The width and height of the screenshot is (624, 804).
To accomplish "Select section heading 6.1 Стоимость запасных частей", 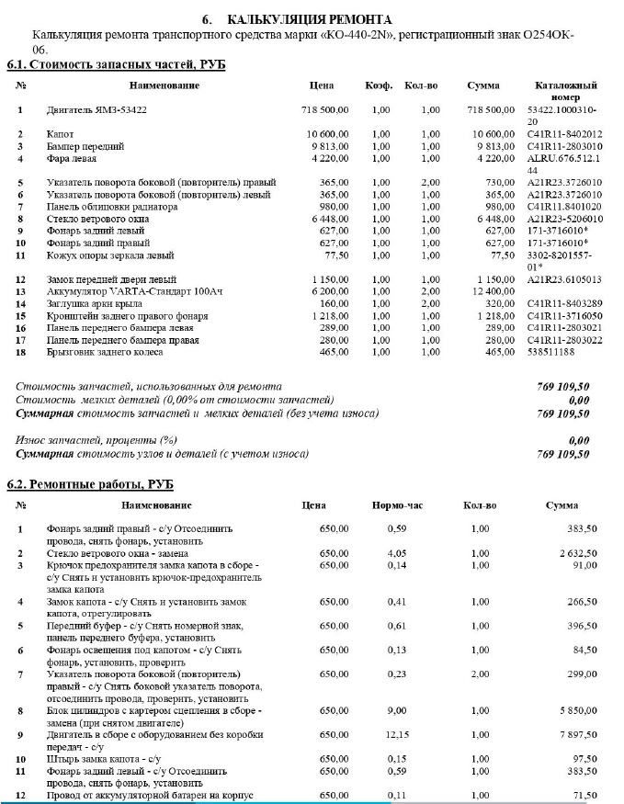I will (116, 64).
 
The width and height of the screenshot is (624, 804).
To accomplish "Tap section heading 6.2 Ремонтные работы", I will (90, 484).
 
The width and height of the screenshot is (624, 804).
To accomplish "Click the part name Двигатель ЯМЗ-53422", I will (96, 110).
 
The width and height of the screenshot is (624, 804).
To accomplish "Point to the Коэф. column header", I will (379, 85).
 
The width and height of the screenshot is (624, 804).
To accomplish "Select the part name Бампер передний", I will (85, 146).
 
